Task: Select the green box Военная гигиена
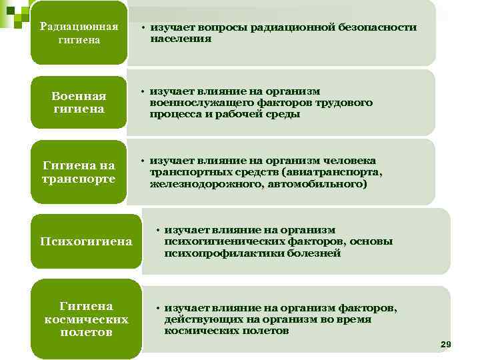[79, 103]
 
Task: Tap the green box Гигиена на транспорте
[79, 172]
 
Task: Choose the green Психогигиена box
[85, 241]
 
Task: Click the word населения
[181, 39]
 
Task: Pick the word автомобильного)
[317, 183]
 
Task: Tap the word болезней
[314, 253]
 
